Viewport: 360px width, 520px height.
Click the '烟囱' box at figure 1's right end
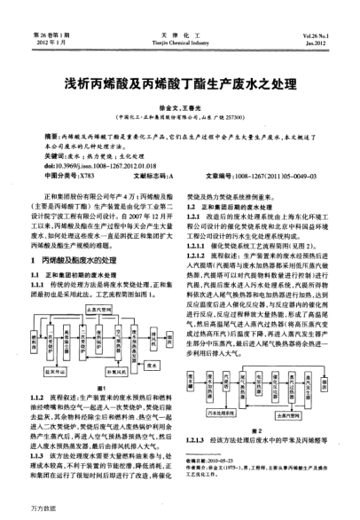pos(168,335)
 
